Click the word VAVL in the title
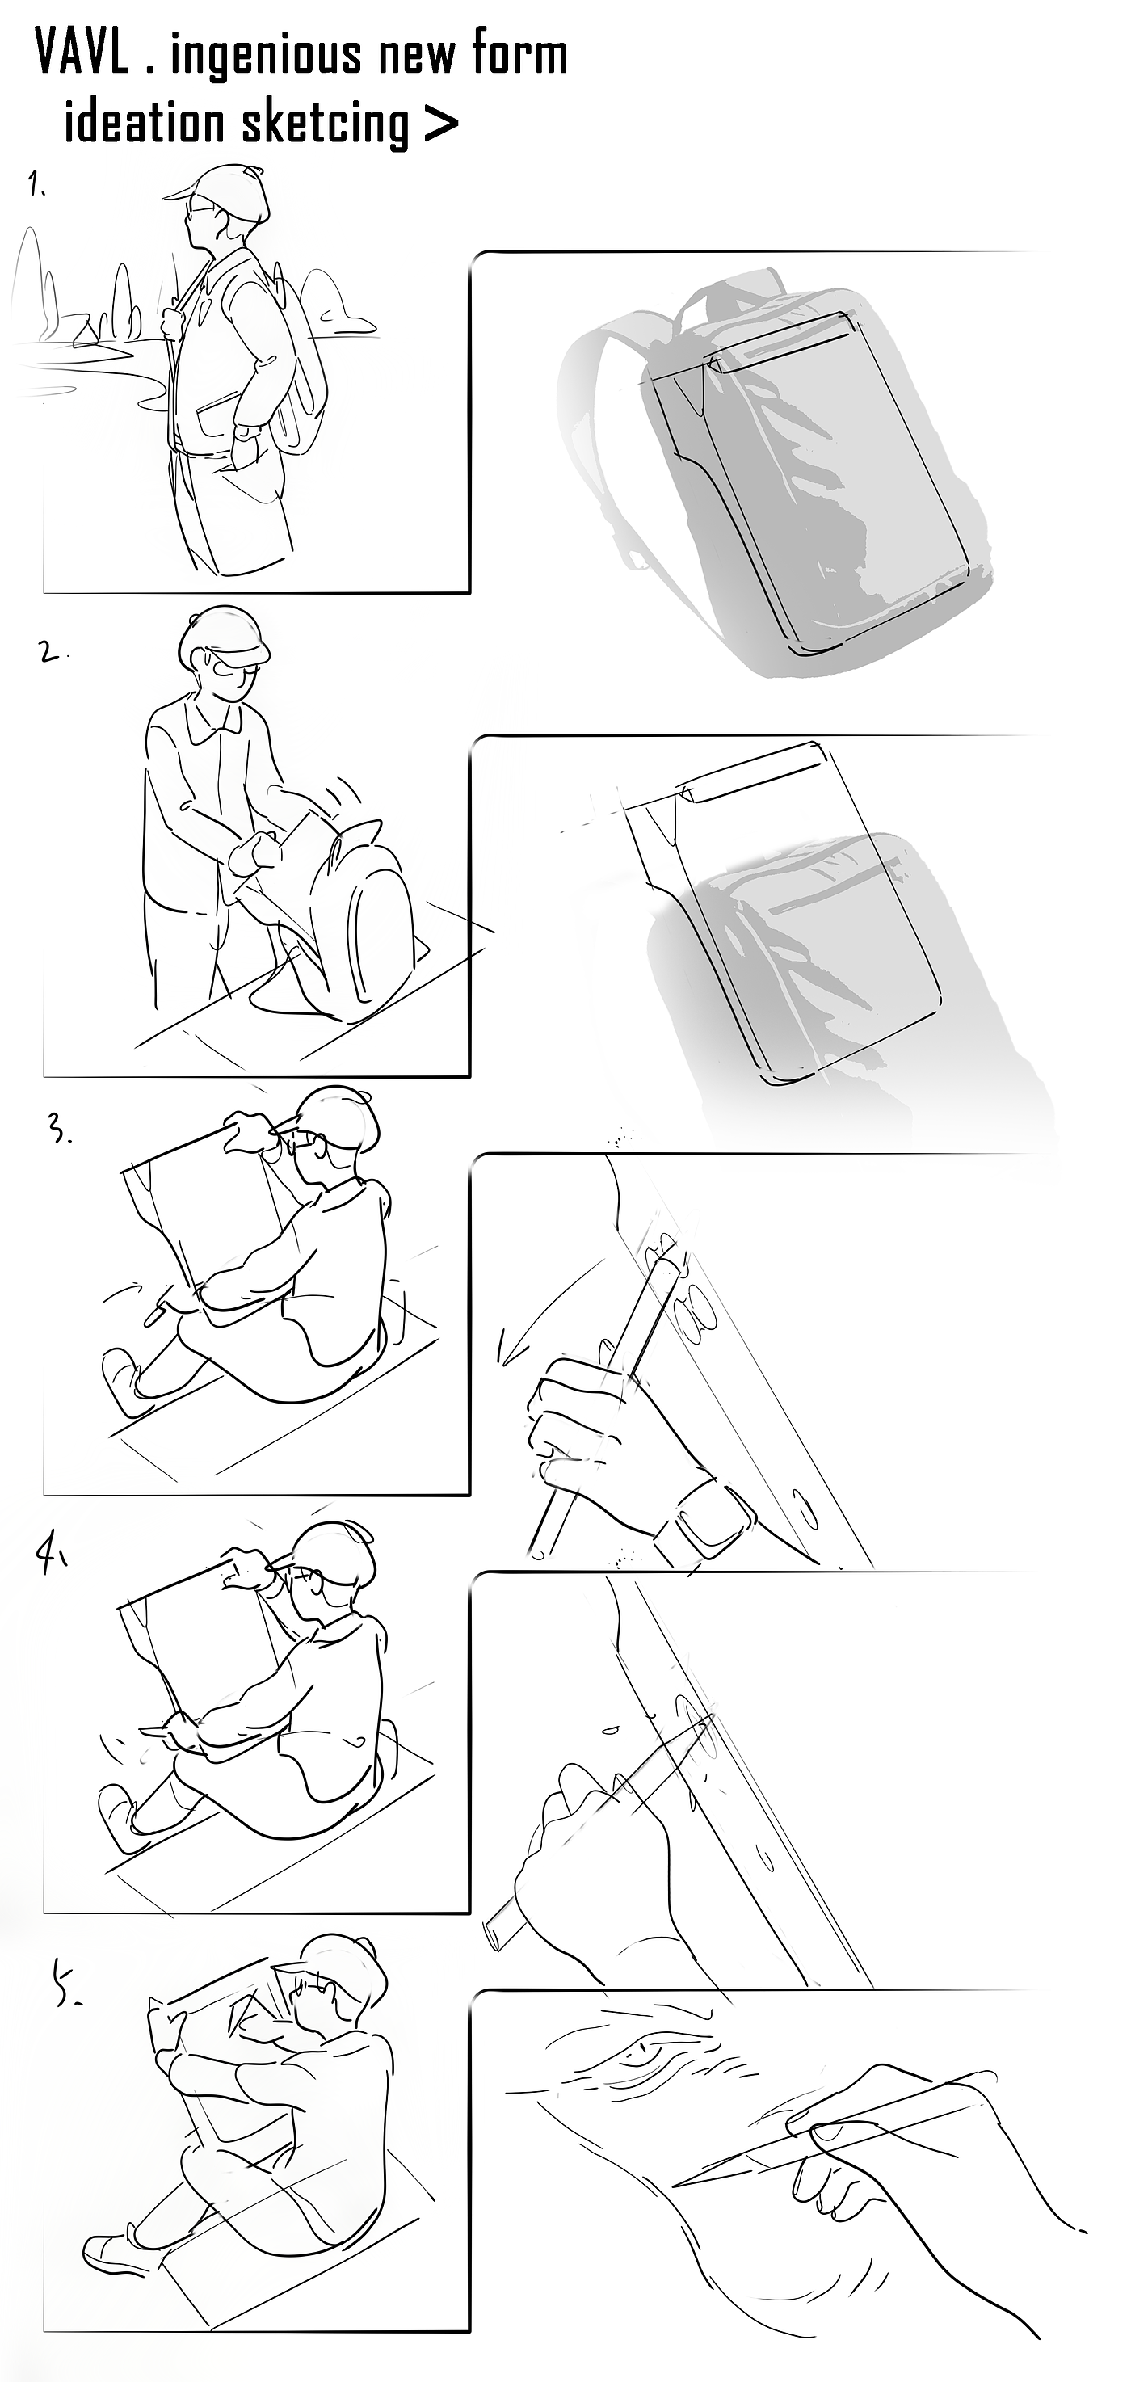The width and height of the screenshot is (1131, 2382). tap(82, 53)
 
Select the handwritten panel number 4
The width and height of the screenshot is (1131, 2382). tap(50, 1556)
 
